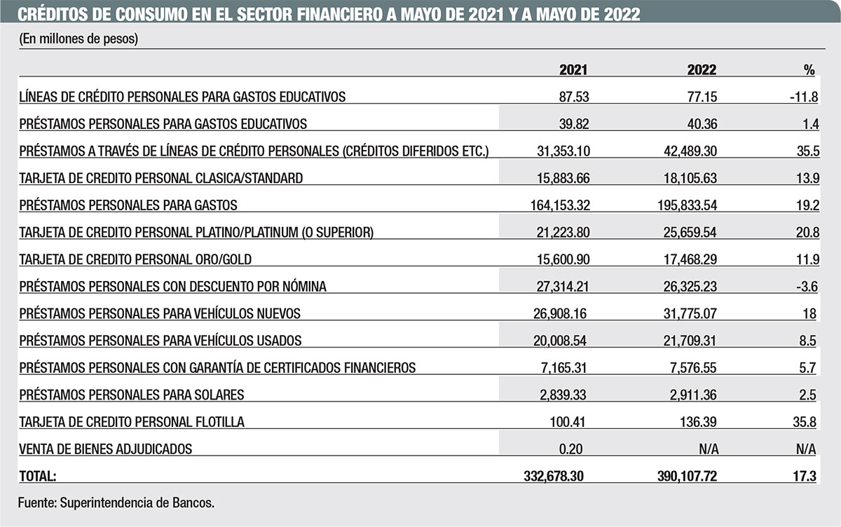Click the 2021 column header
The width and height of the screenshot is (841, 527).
click(x=573, y=70)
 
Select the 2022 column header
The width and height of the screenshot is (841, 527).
click(x=702, y=70)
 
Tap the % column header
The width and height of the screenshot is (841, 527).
click(x=809, y=70)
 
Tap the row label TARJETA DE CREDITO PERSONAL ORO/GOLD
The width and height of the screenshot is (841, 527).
click(x=135, y=259)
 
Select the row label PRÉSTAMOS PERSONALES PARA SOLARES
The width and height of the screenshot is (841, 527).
click(x=132, y=395)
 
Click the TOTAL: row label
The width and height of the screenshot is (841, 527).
click(x=39, y=477)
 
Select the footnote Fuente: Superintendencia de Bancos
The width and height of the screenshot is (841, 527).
click(x=116, y=502)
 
